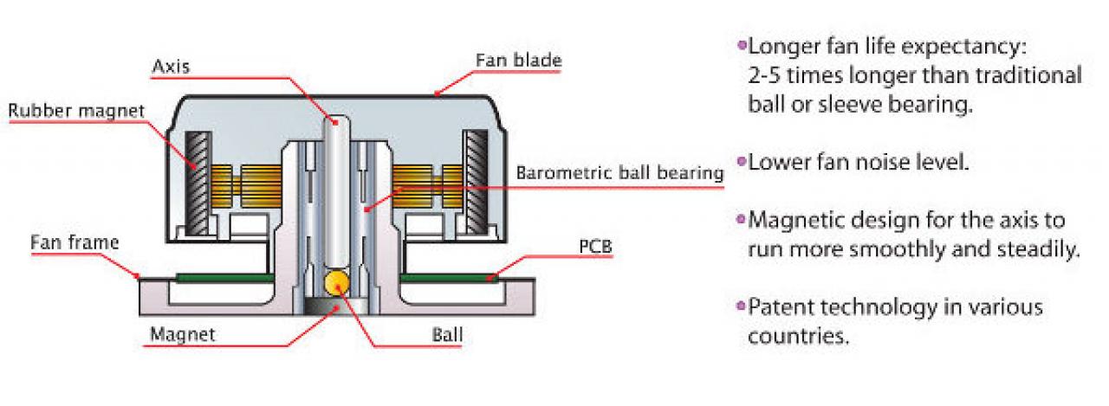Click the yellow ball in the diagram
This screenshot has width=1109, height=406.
(337, 283)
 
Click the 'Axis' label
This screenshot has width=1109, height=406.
(171, 67)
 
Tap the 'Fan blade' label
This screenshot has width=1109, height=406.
(518, 61)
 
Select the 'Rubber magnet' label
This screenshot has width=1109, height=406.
(77, 111)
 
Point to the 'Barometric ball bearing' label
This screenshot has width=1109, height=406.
(619, 173)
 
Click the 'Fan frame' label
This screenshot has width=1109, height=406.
(75, 242)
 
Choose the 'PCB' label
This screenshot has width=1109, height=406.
(595, 246)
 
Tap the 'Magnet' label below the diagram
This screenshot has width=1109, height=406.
(183, 335)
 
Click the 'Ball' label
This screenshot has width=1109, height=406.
(448, 335)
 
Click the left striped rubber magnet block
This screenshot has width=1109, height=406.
(198, 183)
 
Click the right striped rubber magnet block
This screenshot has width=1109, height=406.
(476, 182)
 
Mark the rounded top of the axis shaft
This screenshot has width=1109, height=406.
(337, 121)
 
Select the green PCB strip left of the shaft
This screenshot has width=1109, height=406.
(224, 277)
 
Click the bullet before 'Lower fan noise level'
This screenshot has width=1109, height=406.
(742, 161)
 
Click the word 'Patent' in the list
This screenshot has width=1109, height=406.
(781, 307)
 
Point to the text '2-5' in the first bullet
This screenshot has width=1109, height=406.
(764, 75)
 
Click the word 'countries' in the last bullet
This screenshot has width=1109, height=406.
(797, 336)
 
